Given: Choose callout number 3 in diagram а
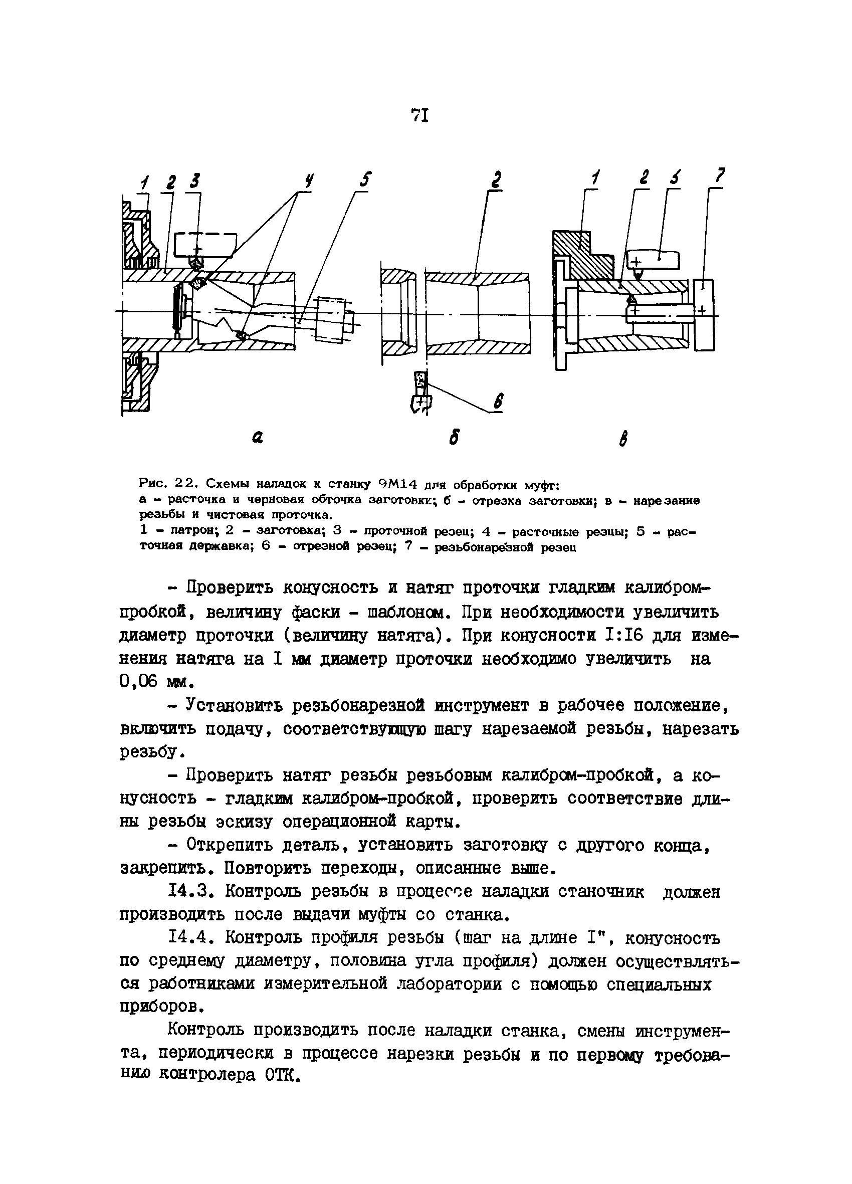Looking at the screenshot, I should [x=194, y=181].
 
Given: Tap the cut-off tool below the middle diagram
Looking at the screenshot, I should [x=421, y=391].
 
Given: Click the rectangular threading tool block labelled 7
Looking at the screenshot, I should [x=704, y=315].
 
